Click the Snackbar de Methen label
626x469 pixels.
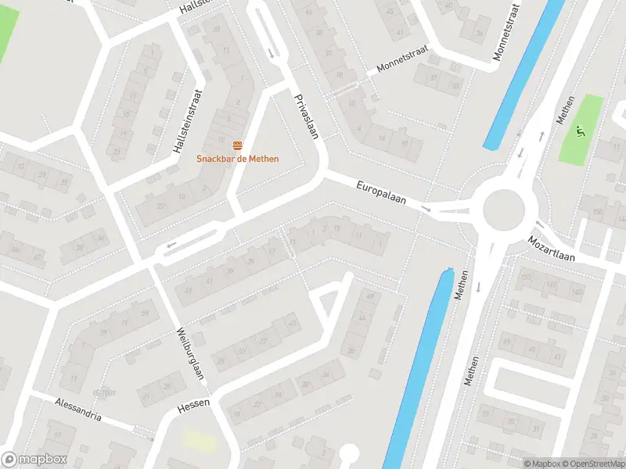tap(237, 159)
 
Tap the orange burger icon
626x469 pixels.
tap(237, 146)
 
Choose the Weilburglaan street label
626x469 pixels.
tap(191, 353)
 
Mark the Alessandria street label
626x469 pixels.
tap(78, 409)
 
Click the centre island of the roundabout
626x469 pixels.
tap(502, 209)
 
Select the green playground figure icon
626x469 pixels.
tap(579, 131)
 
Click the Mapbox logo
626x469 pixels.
tap(33, 460)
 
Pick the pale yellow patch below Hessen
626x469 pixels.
tap(200, 440)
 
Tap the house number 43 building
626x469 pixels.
tap(293, 323)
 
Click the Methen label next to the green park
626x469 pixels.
tap(564, 111)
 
